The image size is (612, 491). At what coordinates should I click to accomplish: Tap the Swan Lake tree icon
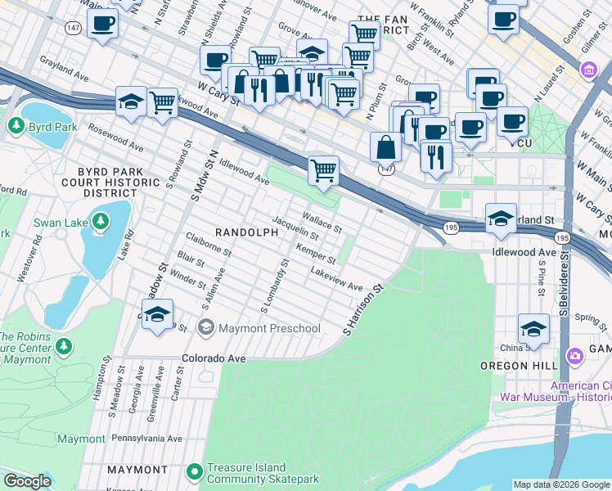[100, 221]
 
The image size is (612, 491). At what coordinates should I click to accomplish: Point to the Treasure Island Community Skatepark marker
[194, 471]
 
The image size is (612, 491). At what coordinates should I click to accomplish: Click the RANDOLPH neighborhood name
[241, 232]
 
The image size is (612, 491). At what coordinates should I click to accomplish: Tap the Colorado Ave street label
[214, 358]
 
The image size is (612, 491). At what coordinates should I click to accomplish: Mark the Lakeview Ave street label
[336, 280]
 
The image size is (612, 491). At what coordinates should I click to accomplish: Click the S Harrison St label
[363, 310]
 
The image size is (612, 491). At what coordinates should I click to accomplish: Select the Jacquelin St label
[295, 227]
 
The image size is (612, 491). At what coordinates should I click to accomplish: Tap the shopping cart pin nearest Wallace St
[324, 170]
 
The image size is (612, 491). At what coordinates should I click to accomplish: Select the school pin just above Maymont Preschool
[158, 314]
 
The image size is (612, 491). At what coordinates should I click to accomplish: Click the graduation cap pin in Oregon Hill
[533, 329]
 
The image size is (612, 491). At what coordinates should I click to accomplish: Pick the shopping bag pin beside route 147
[385, 147]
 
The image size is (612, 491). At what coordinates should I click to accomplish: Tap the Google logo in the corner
[27, 481]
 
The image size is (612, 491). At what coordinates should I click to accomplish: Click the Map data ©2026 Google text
[560, 484]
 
